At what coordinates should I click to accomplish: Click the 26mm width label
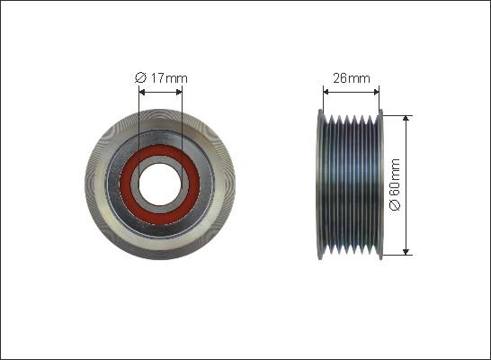pos(352,78)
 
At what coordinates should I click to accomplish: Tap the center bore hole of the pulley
pos(160,184)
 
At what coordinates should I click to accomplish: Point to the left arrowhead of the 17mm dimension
pos(141,92)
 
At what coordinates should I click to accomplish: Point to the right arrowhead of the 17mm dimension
pos(178,92)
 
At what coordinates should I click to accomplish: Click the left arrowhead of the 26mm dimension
pos(326,92)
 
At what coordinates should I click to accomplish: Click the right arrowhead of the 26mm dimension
pos(376,92)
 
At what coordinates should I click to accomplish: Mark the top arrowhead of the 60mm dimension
pos(406,119)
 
